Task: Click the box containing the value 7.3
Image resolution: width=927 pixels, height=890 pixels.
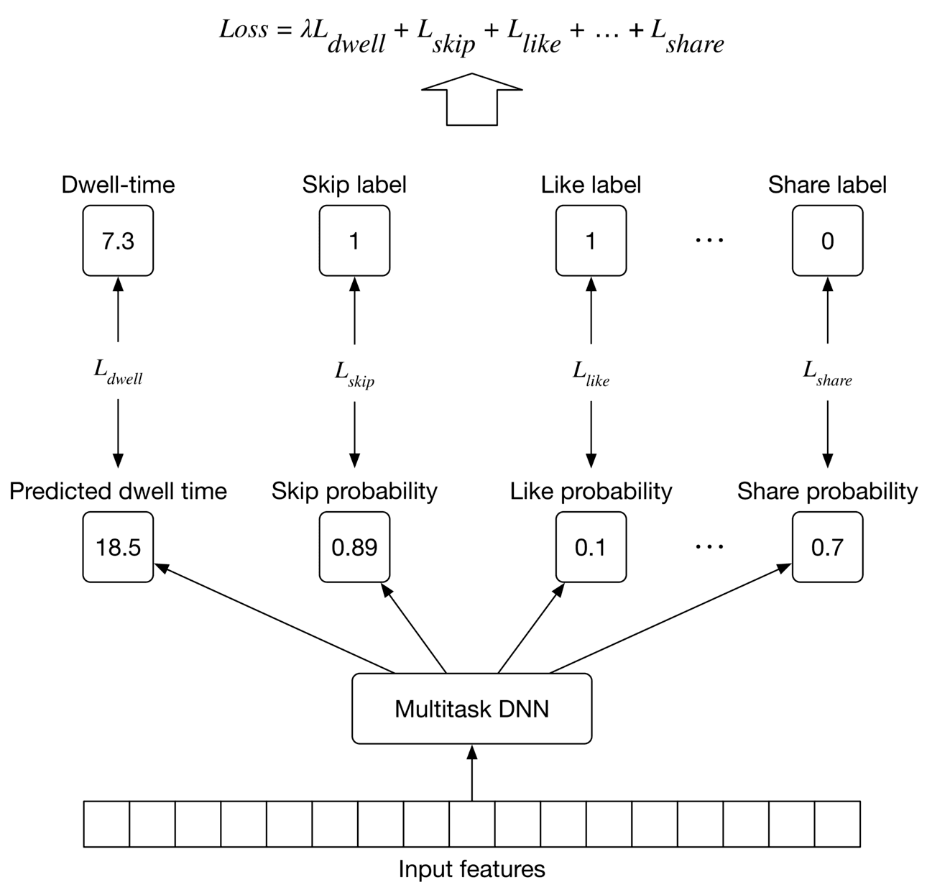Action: (x=118, y=241)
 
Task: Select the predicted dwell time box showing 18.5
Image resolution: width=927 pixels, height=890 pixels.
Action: (x=118, y=547)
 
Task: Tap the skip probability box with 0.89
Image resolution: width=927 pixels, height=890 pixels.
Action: (x=354, y=547)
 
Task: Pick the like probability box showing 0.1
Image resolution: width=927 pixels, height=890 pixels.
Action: (x=591, y=547)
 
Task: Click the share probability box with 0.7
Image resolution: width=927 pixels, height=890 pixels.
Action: (x=827, y=547)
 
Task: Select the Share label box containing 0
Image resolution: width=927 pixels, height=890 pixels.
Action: (x=827, y=241)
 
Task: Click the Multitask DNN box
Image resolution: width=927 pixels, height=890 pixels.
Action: (x=471, y=709)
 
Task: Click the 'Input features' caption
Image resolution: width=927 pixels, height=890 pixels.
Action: (x=471, y=869)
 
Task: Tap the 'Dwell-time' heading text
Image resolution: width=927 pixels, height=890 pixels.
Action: (x=118, y=185)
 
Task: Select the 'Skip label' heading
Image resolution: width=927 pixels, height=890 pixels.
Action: (x=354, y=185)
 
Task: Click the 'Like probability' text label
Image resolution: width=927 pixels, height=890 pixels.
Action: (x=591, y=492)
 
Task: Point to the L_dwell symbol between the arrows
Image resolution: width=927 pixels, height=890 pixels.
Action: (x=118, y=372)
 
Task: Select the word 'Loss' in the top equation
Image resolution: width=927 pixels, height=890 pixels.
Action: (x=244, y=29)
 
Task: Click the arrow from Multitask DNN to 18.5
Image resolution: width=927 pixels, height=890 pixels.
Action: (x=273, y=618)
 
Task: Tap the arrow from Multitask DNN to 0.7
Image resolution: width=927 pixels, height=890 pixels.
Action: (x=668, y=619)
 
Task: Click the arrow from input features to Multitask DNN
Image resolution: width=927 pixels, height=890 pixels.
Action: (x=472, y=773)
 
